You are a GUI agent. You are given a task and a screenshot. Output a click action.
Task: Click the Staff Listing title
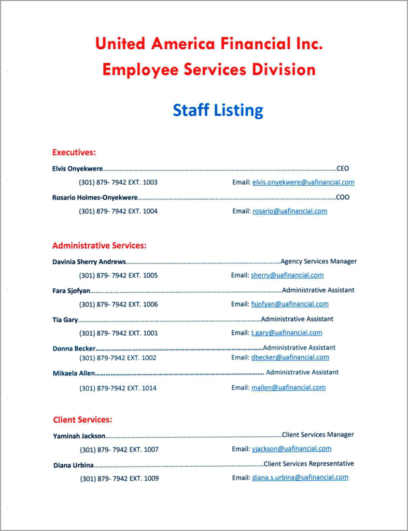tap(218, 110)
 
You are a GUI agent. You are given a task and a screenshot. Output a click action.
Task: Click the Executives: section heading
tap(74, 152)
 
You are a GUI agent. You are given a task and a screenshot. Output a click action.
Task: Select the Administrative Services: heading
tap(99, 246)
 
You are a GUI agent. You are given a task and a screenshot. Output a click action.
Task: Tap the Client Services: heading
tap(82, 420)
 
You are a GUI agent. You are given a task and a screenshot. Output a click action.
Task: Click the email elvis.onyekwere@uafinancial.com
tap(303, 183)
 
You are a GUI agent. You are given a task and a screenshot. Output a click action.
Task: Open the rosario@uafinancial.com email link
tap(290, 211)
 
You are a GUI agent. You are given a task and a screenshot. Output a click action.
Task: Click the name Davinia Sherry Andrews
tap(89, 262)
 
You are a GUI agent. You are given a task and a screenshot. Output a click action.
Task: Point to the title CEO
tap(343, 169)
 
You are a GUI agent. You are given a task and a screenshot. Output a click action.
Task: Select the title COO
tap(343, 198)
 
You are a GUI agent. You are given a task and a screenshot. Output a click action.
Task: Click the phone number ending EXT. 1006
tap(118, 304)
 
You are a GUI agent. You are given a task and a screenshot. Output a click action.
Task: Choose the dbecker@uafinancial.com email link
tap(290, 357)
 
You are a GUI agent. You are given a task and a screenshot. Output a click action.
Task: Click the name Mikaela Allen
tap(74, 373)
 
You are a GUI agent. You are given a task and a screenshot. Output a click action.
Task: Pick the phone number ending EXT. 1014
tap(118, 388)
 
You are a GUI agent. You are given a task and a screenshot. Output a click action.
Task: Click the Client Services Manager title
tap(318, 435)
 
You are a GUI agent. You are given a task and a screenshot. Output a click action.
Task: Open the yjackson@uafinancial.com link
tap(291, 449)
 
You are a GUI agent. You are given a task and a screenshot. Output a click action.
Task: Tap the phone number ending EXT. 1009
tap(119, 479)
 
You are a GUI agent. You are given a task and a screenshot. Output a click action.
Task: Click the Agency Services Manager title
tap(318, 261)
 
